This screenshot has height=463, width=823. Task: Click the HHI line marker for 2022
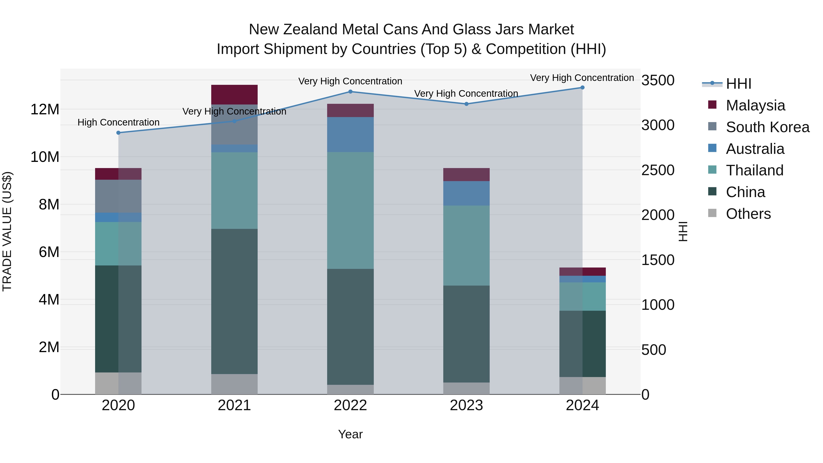point(350,92)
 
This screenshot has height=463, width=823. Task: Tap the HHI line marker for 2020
point(118,133)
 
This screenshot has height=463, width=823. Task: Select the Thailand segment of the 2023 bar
point(466,245)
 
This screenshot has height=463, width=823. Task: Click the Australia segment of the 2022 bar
point(350,134)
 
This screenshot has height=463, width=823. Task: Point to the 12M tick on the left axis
point(45,110)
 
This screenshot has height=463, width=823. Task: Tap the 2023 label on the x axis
point(466,405)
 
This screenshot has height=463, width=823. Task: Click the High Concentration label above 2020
point(118,122)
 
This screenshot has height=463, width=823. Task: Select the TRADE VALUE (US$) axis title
point(7,231)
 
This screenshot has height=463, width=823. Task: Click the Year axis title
point(350,434)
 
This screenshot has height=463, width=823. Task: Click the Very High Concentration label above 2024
point(582,78)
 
